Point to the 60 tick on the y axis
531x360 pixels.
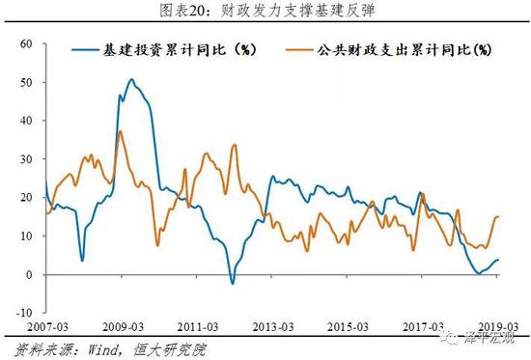(x=26, y=44)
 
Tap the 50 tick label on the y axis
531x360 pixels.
(x=26, y=83)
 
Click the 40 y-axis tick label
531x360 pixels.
(x=26, y=122)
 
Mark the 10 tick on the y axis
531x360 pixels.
(x=26, y=236)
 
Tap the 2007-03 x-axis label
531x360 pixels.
(x=26, y=328)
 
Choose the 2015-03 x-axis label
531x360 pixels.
(x=349, y=328)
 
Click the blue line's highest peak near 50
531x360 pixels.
(x=132, y=79)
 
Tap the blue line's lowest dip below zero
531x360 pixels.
(x=232, y=283)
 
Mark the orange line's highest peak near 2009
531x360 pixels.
(x=120, y=131)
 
